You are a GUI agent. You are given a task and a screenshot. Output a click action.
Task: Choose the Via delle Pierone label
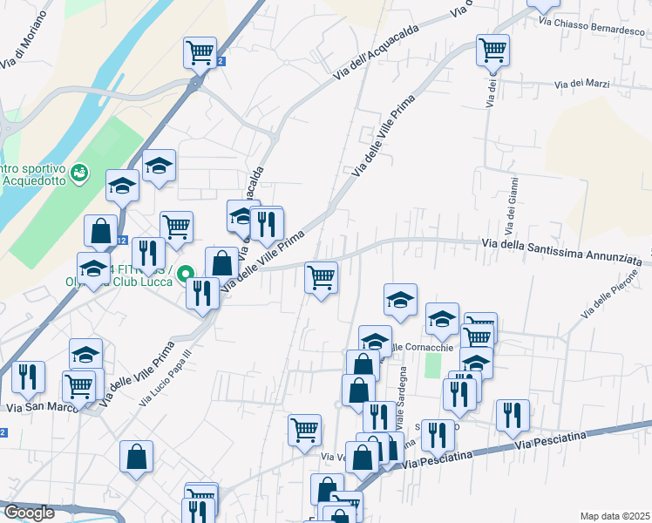pyautogui.click(x=615, y=293)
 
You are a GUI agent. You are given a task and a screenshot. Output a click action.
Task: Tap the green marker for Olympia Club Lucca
pyautogui.click(x=185, y=275)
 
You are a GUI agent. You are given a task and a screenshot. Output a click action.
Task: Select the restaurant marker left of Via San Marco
pyautogui.click(x=29, y=377)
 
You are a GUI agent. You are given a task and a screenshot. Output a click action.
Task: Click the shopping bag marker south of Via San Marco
pyautogui.click(x=137, y=457)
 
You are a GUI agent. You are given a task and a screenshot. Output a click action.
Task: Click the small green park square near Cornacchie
pyautogui.click(x=433, y=365)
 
